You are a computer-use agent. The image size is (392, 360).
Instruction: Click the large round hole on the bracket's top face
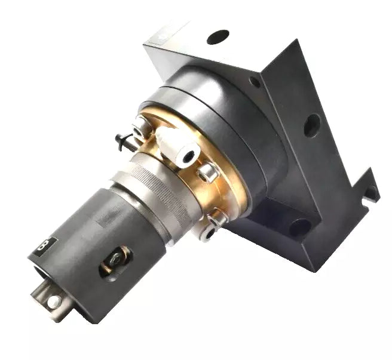pos(218,37)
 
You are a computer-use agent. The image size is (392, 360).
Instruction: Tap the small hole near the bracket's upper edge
pos(255,82)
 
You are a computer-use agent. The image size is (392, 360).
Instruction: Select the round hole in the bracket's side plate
pos(312,125)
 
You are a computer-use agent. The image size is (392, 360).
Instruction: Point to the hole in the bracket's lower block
pos(300,227)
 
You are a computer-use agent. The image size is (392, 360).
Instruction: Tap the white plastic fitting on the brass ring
pos(177,147)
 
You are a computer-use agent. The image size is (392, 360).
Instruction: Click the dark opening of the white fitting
pos(189,156)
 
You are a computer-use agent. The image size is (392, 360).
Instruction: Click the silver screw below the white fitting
pos(209,173)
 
